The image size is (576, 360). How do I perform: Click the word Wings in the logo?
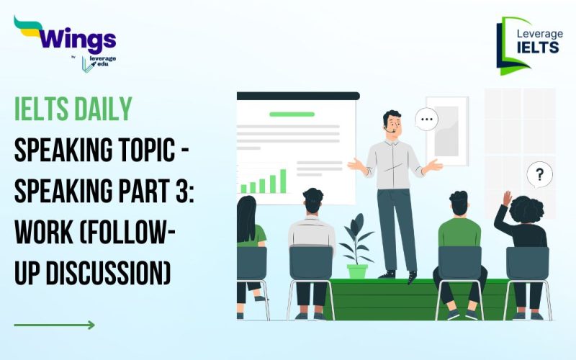pyautogui.click(x=75, y=37)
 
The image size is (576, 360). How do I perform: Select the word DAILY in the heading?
pyautogui.click(x=105, y=109)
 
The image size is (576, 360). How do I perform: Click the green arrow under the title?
pyautogui.click(x=54, y=325)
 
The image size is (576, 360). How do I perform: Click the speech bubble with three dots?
pyautogui.click(x=427, y=119)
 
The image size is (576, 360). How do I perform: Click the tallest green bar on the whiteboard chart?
pyautogui.click(x=282, y=181)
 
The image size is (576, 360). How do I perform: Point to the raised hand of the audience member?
pyautogui.click(x=507, y=198)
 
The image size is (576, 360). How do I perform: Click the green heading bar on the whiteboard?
pyautogui.click(x=292, y=114)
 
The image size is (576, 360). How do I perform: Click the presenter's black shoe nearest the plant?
pyautogui.click(x=388, y=274)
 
